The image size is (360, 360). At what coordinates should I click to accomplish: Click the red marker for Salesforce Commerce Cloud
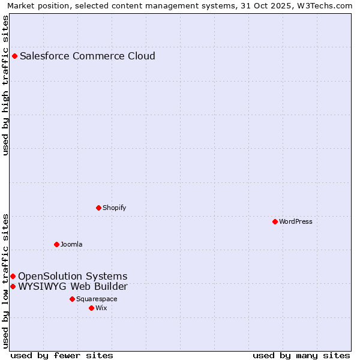click(14, 56)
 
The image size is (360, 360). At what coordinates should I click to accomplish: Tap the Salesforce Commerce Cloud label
click(88, 56)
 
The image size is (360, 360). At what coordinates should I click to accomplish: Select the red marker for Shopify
click(98, 208)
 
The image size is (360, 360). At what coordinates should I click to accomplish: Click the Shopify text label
click(114, 208)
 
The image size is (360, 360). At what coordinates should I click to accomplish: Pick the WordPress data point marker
click(275, 222)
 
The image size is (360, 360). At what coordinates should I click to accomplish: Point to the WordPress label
click(295, 222)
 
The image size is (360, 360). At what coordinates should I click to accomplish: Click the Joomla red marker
click(56, 245)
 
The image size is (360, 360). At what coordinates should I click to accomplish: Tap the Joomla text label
click(71, 245)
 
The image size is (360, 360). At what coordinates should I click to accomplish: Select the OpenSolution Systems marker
click(13, 277)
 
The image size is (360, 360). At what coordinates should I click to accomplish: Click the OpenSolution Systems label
click(73, 277)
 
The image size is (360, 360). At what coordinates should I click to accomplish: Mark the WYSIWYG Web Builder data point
click(13, 287)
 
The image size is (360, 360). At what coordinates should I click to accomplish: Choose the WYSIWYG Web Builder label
click(73, 287)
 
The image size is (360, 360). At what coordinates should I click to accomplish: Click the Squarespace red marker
click(72, 299)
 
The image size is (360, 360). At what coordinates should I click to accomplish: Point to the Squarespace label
click(97, 299)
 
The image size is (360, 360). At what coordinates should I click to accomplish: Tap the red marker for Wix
click(91, 308)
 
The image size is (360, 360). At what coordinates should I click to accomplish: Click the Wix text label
click(101, 308)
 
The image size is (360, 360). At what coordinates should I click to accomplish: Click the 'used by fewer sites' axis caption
click(62, 356)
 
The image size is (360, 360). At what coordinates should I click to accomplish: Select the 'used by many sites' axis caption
click(301, 356)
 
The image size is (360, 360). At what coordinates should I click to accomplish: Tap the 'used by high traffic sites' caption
click(6, 86)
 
